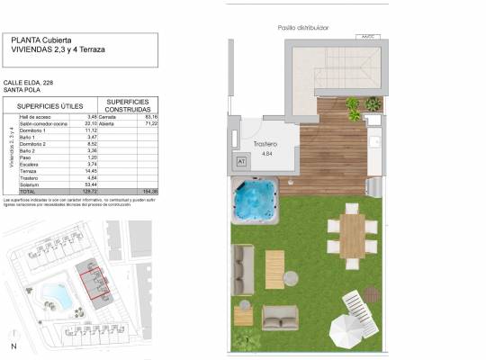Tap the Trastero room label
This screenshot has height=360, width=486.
[x=264, y=144]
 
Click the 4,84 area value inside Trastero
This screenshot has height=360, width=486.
[x=265, y=154]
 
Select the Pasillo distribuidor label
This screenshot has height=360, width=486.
[x=304, y=28]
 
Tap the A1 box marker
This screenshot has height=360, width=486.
[x=241, y=160]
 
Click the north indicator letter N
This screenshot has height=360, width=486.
[x=13, y=346]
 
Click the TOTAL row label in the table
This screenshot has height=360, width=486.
[x=27, y=193]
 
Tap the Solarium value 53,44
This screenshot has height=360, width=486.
[x=90, y=184]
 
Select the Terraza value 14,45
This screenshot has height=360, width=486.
[x=90, y=171]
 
